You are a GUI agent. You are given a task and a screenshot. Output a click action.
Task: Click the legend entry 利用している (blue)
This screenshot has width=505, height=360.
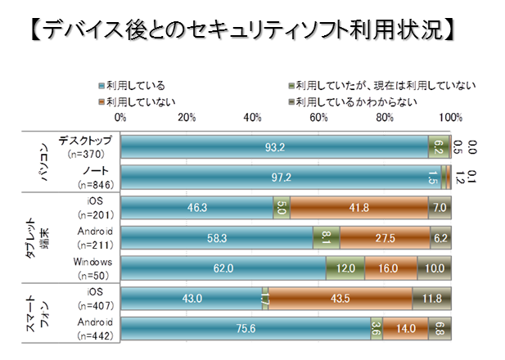[131, 84]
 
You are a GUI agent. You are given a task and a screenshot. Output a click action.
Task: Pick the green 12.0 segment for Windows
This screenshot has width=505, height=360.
[345, 267]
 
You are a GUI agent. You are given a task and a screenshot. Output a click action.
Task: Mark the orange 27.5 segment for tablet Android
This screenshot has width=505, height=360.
[385, 237]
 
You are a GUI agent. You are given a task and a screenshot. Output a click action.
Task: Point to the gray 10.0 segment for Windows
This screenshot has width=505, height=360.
[434, 267]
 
